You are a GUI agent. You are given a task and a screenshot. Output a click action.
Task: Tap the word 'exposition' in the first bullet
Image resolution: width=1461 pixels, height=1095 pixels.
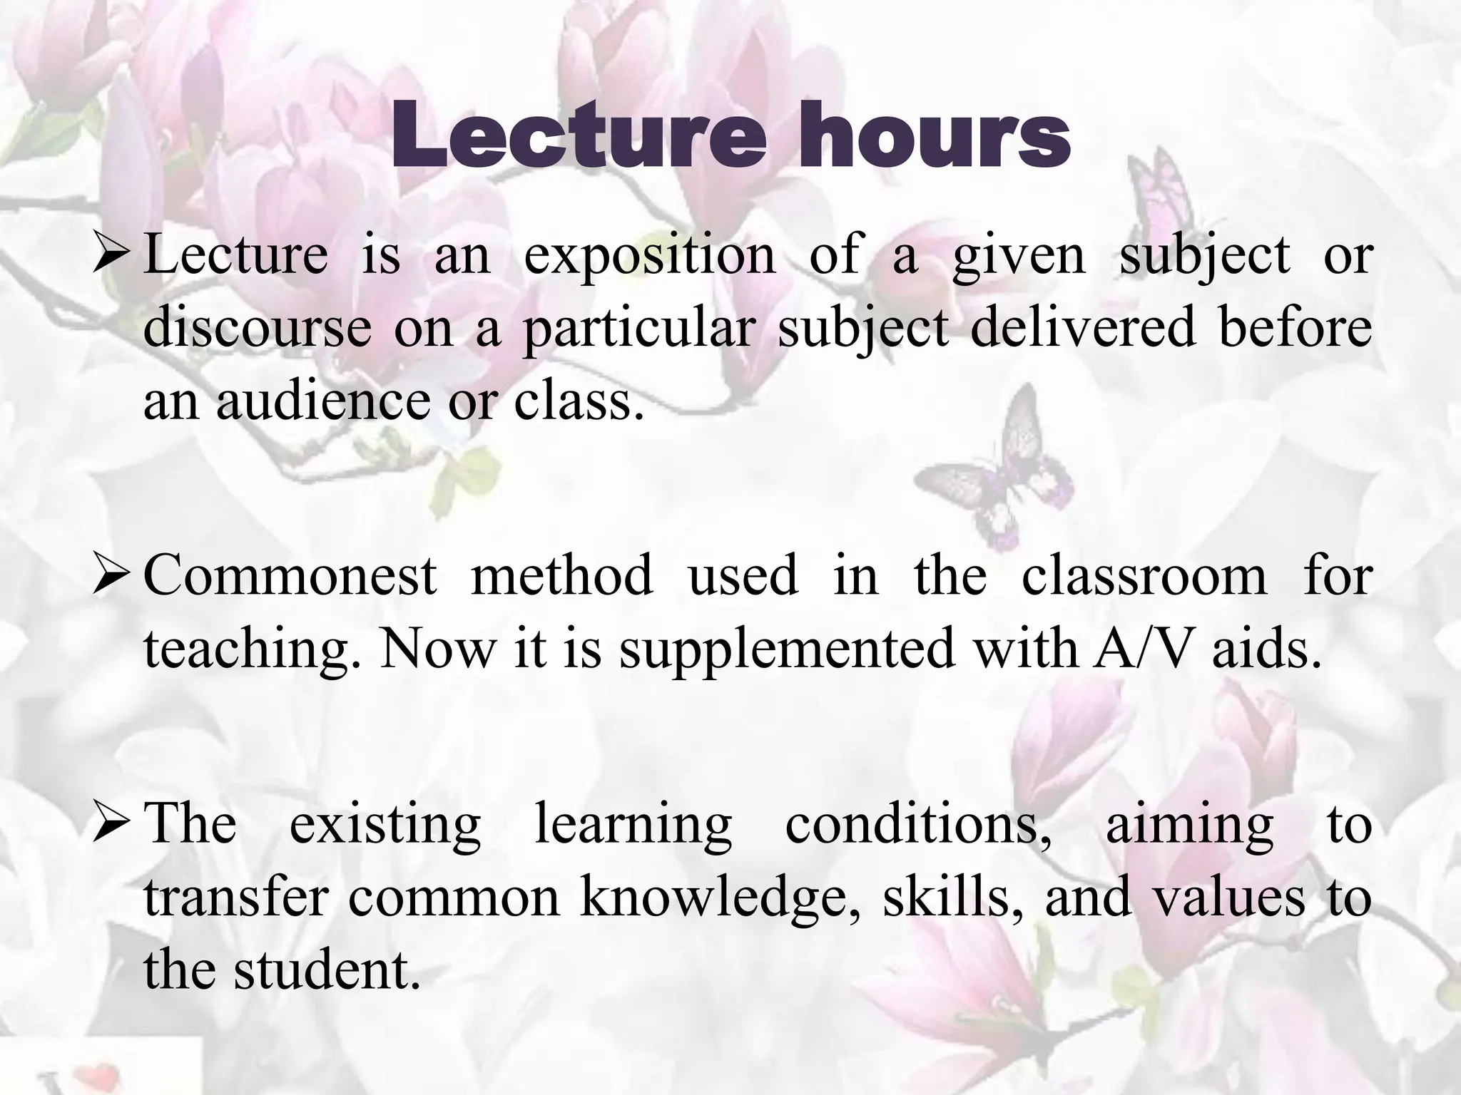coord(649,256)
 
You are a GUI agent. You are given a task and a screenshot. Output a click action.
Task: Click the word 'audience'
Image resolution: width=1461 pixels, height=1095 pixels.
coord(323,401)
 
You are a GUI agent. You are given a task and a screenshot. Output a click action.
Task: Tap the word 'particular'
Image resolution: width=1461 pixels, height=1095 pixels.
coord(639,330)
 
